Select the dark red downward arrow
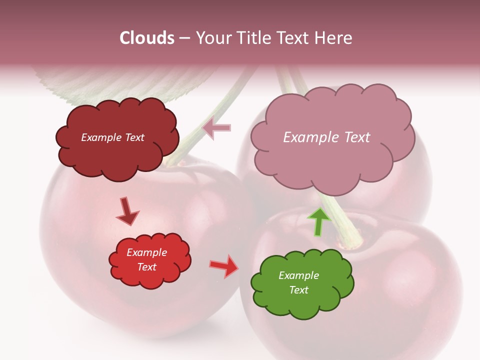coord(126,210)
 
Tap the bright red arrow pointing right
coord(224,266)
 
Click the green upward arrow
coord(319,221)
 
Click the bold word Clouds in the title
coord(147,38)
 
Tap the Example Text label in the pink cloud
coord(326,137)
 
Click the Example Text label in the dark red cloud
coord(112,137)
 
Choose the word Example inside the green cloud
coord(298,275)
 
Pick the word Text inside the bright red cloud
coord(147,267)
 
